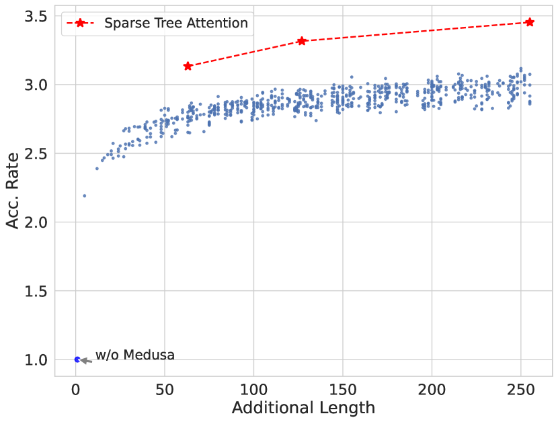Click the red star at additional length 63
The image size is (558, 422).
(x=188, y=66)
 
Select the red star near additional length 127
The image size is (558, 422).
(x=302, y=41)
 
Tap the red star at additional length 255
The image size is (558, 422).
(x=530, y=22)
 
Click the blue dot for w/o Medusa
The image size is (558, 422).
(x=77, y=360)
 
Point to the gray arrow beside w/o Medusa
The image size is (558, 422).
(x=86, y=360)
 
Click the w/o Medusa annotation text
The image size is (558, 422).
(x=134, y=355)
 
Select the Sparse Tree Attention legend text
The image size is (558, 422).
(x=176, y=24)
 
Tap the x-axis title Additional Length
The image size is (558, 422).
(x=303, y=408)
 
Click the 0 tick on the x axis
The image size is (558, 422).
(x=76, y=388)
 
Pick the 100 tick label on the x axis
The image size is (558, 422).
(x=253, y=388)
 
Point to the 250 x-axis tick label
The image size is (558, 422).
(x=520, y=388)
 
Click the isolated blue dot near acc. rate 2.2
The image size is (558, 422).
(x=85, y=196)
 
